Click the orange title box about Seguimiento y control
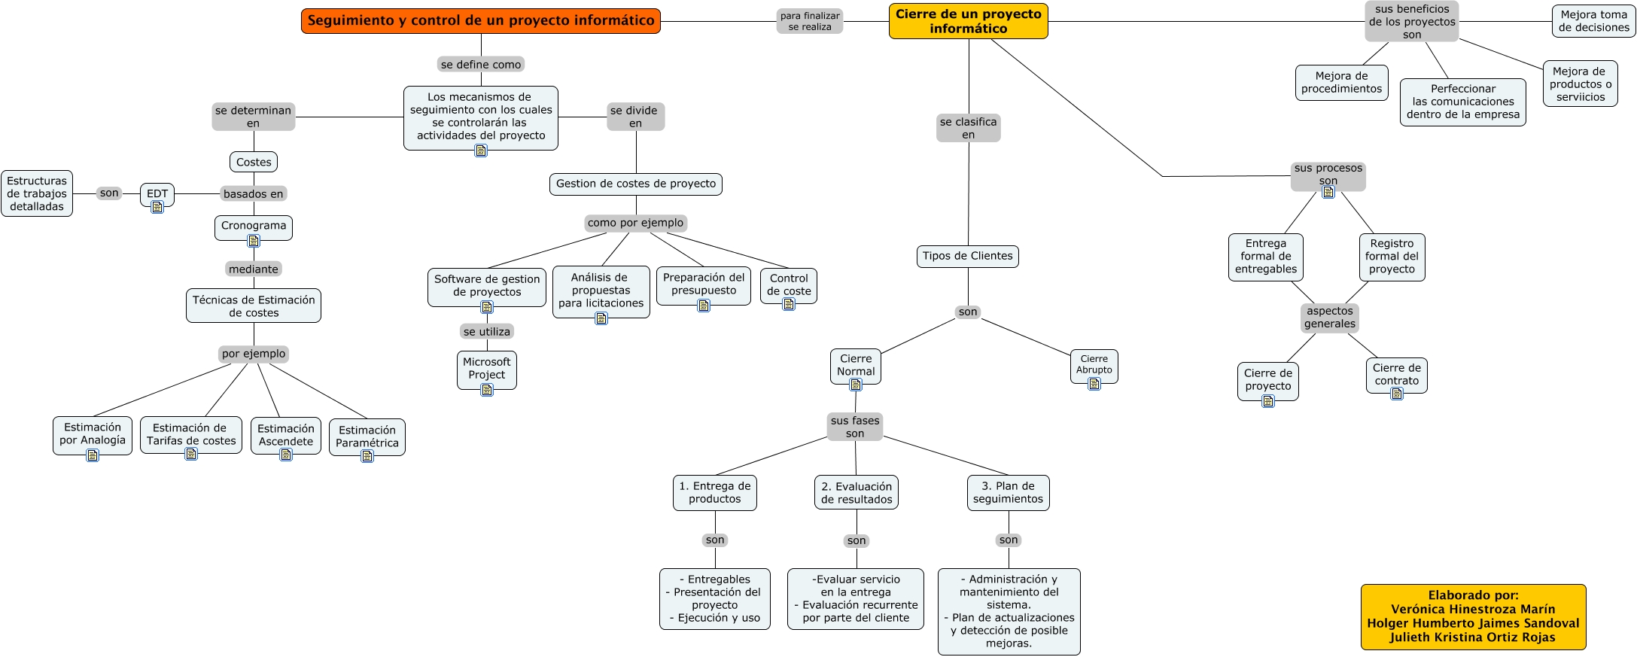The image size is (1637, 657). tap(481, 21)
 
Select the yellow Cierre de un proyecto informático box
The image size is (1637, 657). tap(969, 21)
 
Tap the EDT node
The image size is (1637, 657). tap(157, 194)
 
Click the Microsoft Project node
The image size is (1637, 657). tap(487, 369)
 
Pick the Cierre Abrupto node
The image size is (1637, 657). tap(1094, 365)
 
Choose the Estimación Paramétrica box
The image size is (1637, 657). tap(367, 436)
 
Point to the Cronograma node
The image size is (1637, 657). tap(254, 227)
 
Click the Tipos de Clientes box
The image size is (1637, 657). tap(968, 256)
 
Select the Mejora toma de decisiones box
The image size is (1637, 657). tap(1594, 21)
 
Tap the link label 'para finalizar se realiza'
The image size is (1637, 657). tap(810, 21)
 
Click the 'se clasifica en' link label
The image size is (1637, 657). tap(969, 128)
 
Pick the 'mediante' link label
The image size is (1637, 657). tap(254, 269)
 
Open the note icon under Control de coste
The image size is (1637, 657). tap(789, 304)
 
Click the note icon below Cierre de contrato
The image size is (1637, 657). tap(1397, 393)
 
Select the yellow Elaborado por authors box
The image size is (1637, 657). tap(1474, 616)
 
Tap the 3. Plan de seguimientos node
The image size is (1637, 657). tap(1008, 493)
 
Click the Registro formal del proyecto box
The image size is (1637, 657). tap(1392, 257)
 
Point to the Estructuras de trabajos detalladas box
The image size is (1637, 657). tap(37, 193)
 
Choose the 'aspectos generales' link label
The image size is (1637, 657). tap(1330, 318)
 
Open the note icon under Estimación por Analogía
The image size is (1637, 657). tap(93, 455)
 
